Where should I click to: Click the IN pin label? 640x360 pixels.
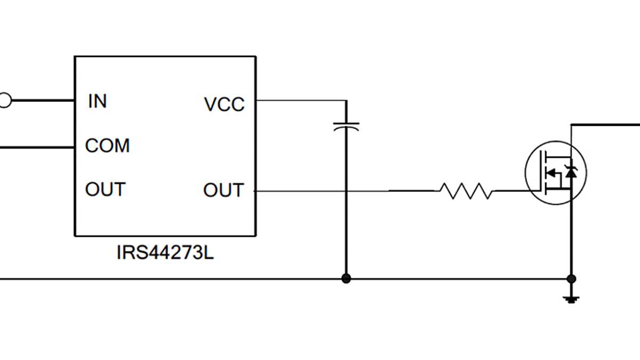click(x=97, y=101)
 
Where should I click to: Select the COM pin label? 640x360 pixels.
click(x=107, y=146)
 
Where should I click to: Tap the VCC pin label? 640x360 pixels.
click(x=224, y=105)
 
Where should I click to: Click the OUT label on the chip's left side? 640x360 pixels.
click(x=105, y=189)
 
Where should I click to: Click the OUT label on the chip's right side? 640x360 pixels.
click(x=223, y=190)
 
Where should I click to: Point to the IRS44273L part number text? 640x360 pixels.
click(x=165, y=252)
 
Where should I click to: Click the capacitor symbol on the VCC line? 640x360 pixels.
click(x=346, y=127)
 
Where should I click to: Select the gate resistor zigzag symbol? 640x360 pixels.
click(x=466, y=191)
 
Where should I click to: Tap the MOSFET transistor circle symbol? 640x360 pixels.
click(x=555, y=172)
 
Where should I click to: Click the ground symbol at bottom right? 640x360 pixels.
click(x=571, y=299)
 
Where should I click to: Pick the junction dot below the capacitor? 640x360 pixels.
click(x=346, y=278)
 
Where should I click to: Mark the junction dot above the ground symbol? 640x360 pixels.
click(x=571, y=278)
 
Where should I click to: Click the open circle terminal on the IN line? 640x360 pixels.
click(x=4, y=100)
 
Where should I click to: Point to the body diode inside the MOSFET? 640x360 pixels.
click(x=572, y=172)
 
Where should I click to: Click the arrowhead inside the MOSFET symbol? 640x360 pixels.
click(x=553, y=172)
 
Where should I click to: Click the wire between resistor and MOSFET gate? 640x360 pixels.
click(x=509, y=190)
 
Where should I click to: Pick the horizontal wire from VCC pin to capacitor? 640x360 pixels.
click(x=301, y=100)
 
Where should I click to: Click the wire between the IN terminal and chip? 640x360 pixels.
click(x=43, y=100)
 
